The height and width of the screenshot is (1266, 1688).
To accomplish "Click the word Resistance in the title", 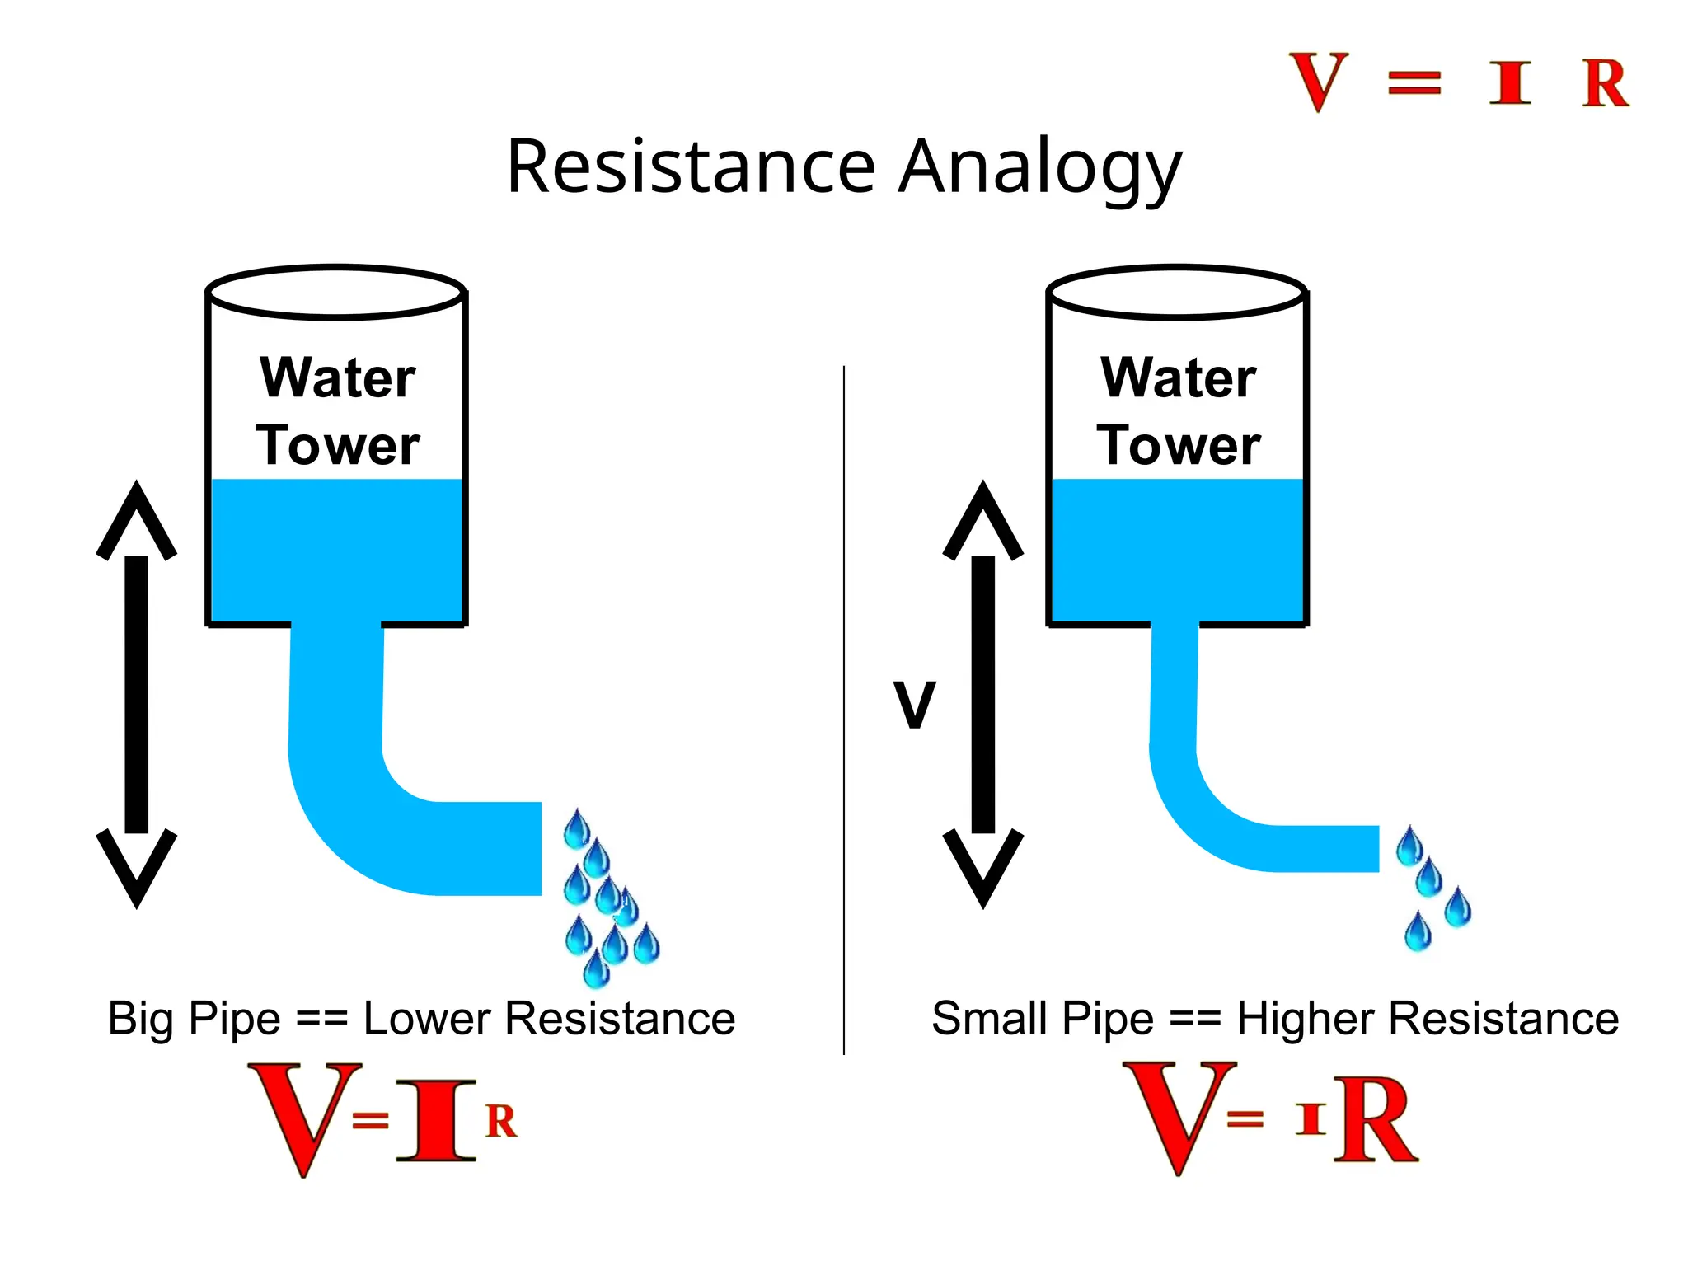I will pos(691,166).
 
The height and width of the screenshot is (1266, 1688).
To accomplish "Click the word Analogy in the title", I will pos(1040,168).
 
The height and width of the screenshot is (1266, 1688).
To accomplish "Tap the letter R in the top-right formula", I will pos(1605,83).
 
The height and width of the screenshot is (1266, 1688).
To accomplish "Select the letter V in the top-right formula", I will pos(1319,81).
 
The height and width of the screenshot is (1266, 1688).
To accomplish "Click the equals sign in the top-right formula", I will pos(1414,83).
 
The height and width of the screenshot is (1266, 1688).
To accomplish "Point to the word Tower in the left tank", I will pos(338,446).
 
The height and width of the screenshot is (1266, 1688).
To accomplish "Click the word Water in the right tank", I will pos(1179,378).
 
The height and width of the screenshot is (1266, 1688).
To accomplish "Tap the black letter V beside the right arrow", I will pos(915,705).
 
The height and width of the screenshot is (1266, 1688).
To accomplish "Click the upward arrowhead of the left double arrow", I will pos(137,519).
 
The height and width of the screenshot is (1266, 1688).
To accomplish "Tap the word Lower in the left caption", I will pos(427,1019).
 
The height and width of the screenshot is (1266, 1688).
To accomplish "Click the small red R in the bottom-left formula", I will pos(501,1121).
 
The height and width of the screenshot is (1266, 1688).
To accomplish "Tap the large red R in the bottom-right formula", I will pos(1376,1121).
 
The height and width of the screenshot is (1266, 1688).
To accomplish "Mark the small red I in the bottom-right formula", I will pos(1311,1119).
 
